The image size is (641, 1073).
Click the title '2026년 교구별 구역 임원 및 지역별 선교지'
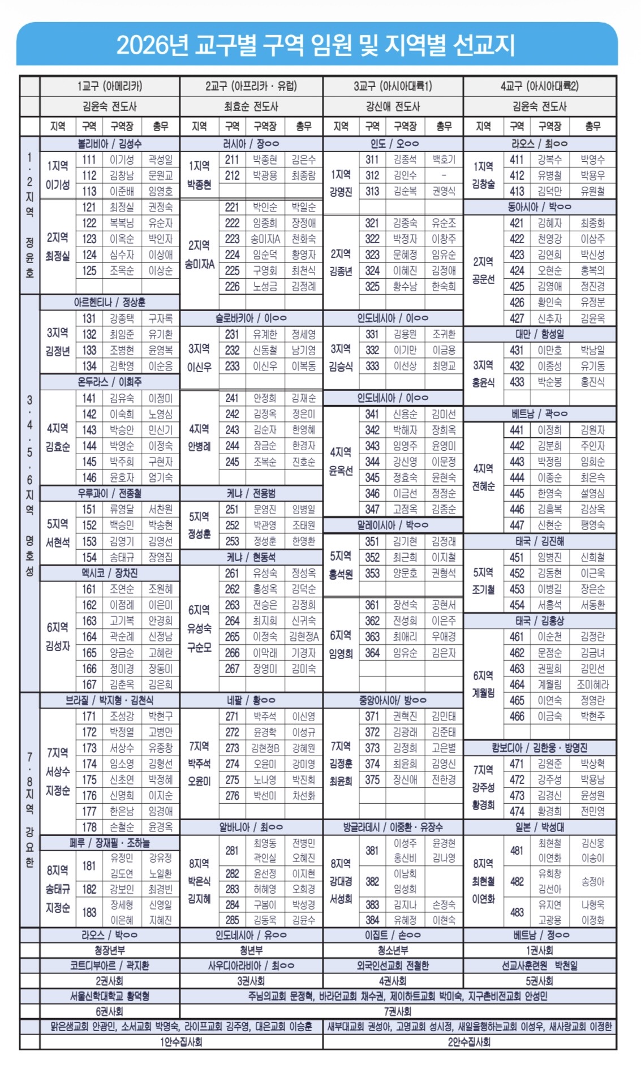[x=316, y=45]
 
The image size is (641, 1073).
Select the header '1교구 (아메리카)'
[x=110, y=87]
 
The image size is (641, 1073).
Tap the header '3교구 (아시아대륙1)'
[x=393, y=87]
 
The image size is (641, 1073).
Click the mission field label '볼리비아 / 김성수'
[x=110, y=144]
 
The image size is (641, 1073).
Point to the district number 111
[x=89, y=160]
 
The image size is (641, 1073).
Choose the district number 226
[x=232, y=287]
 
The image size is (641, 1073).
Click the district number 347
[x=372, y=509]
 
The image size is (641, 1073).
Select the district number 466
[x=517, y=716]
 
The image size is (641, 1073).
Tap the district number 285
[x=232, y=920]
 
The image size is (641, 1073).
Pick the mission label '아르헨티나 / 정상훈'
[x=110, y=303]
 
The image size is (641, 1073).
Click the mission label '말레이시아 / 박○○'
[x=393, y=525]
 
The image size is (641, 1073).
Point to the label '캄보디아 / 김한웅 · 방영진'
[x=539, y=748]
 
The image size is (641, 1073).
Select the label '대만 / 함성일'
[x=539, y=334]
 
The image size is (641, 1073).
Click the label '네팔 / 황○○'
[x=251, y=700]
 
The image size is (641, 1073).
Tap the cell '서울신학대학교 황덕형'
[x=110, y=996]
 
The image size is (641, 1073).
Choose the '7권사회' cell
[x=398, y=1011]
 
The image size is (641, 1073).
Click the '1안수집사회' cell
[x=181, y=1042]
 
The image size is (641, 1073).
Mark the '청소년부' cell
[x=393, y=950]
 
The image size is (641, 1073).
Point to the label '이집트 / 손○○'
[x=393, y=935]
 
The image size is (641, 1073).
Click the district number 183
[x=89, y=912]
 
